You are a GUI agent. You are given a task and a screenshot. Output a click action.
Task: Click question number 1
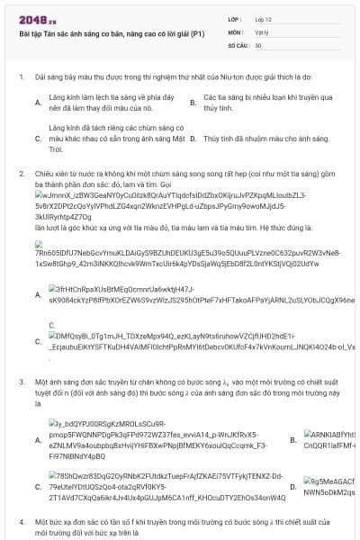(22, 78)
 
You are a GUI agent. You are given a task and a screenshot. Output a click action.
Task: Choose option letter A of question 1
(38, 103)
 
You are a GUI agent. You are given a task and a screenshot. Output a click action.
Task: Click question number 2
(22, 172)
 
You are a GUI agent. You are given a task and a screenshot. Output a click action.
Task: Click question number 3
(22, 382)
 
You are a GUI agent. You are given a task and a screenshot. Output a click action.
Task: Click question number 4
(22, 521)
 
